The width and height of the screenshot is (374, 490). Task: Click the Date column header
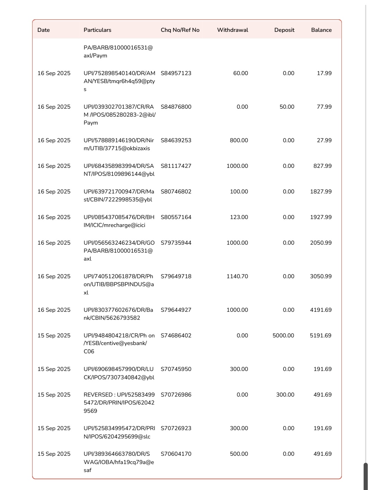coord(44,30)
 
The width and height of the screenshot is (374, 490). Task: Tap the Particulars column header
coord(97,30)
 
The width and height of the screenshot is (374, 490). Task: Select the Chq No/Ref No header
coord(180,30)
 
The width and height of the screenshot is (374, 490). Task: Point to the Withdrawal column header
coord(232,30)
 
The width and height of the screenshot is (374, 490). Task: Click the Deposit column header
coord(284,30)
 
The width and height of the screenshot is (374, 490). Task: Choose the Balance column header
coord(321,30)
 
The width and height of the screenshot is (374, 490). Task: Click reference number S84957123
coord(176,73)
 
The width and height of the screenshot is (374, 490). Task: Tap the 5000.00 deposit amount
coord(283,336)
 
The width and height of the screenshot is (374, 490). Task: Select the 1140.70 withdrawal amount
coord(237,276)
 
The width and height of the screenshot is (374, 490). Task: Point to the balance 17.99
coord(324,73)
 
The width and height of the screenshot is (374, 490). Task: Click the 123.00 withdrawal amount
coord(239,217)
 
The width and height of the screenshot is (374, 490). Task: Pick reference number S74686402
coord(176,336)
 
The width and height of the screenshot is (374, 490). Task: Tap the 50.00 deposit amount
coord(287,107)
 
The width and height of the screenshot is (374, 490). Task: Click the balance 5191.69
coord(320,336)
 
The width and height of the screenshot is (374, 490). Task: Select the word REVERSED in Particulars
coord(98,395)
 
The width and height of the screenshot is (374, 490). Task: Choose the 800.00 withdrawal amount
coord(239,140)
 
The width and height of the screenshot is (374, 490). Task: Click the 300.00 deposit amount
coord(285,395)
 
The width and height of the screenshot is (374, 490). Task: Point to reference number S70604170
coord(176,454)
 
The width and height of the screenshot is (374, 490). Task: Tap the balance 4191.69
coord(321,310)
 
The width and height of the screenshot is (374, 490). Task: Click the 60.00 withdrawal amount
coord(240,73)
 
